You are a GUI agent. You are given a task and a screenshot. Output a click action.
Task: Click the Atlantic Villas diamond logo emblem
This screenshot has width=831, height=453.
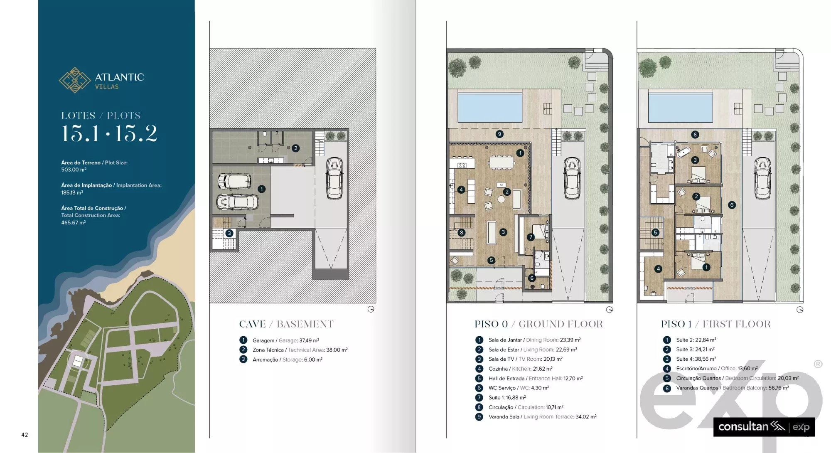click(75, 80)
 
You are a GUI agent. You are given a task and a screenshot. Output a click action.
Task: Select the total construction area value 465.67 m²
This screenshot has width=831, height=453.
click(74, 223)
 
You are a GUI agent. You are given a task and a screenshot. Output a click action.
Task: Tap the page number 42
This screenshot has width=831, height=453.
click(25, 435)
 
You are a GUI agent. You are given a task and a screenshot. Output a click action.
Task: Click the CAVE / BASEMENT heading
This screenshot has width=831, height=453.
click(286, 324)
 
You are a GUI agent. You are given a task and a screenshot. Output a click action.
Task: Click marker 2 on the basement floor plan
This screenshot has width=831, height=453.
click(295, 148)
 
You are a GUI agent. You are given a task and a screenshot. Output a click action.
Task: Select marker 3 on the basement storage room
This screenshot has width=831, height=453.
click(229, 233)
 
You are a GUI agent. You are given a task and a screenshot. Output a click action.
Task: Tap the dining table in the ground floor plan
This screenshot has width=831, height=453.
click(502, 162)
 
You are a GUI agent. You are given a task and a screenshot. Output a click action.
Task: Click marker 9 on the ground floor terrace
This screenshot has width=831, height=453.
click(499, 134)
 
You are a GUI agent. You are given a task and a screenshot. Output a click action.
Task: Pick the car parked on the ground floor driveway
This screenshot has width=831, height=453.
click(572, 178)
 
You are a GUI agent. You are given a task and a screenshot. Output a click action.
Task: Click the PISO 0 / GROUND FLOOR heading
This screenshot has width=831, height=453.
click(539, 324)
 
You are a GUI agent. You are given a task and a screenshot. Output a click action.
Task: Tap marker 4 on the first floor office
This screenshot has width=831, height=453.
click(658, 269)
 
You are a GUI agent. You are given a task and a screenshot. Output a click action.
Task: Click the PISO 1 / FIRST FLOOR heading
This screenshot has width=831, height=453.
click(716, 324)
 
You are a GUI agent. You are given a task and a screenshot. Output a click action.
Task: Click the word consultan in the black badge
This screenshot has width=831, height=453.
click(743, 427)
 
